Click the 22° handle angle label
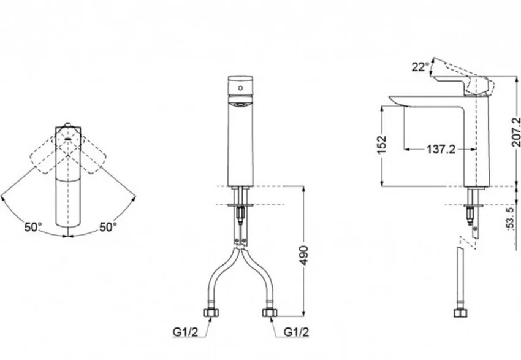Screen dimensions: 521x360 pyautogui.click(x=420, y=67)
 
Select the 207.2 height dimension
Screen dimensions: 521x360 pyautogui.click(x=516, y=132)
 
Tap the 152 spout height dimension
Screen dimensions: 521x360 pyautogui.click(x=382, y=144)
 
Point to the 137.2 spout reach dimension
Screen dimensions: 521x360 pyautogui.click(x=441, y=149)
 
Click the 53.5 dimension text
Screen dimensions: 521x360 pyautogui.click(x=511, y=218)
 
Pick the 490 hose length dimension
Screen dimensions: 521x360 pyautogui.click(x=303, y=255)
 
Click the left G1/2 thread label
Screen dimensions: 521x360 pyautogui.click(x=185, y=332)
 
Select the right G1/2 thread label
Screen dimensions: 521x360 pyautogui.click(x=296, y=332)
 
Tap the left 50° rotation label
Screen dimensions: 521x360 pyautogui.click(x=33, y=227)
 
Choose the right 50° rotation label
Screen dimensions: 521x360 pyautogui.click(x=108, y=227)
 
